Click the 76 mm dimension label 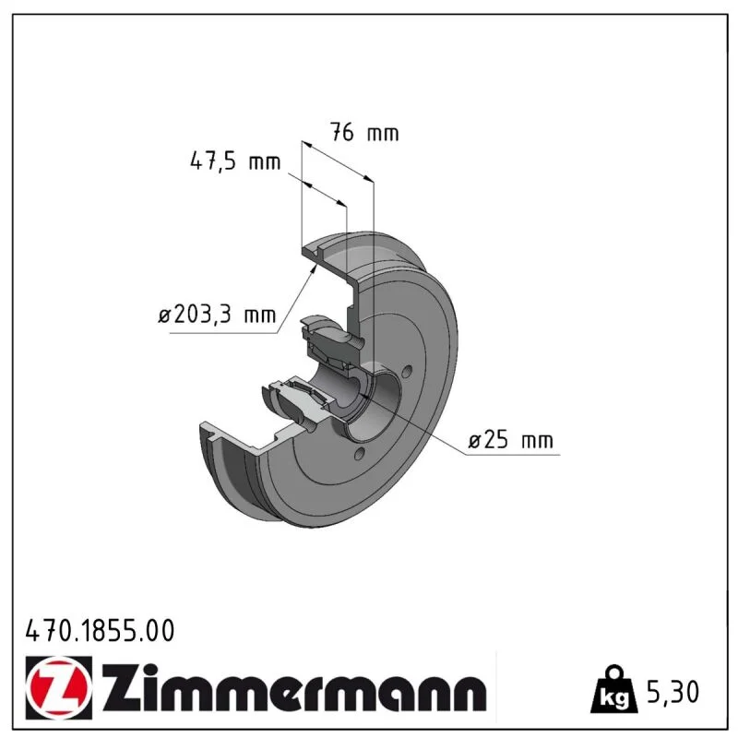364,132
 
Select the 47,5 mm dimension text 235,161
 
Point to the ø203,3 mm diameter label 217,315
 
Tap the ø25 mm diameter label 511,440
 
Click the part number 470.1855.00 100,631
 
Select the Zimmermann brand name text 294,687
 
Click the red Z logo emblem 59,687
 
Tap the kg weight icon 614,689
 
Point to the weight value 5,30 673,692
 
